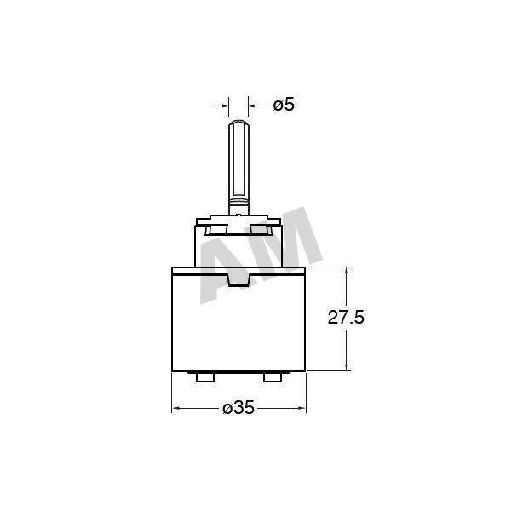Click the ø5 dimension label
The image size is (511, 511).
(x=284, y=105)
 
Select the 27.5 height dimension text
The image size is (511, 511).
(x=346, y=317)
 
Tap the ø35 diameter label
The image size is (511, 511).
(x=238, y=407)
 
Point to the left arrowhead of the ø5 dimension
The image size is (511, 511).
(x=225, y=106)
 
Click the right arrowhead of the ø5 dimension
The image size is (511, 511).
(x=252, y=106)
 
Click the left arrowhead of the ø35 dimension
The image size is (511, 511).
(x=176, y=408)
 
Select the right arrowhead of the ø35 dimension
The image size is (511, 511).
(x=301, y=408)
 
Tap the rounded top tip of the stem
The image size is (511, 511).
(x=238, y=122)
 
